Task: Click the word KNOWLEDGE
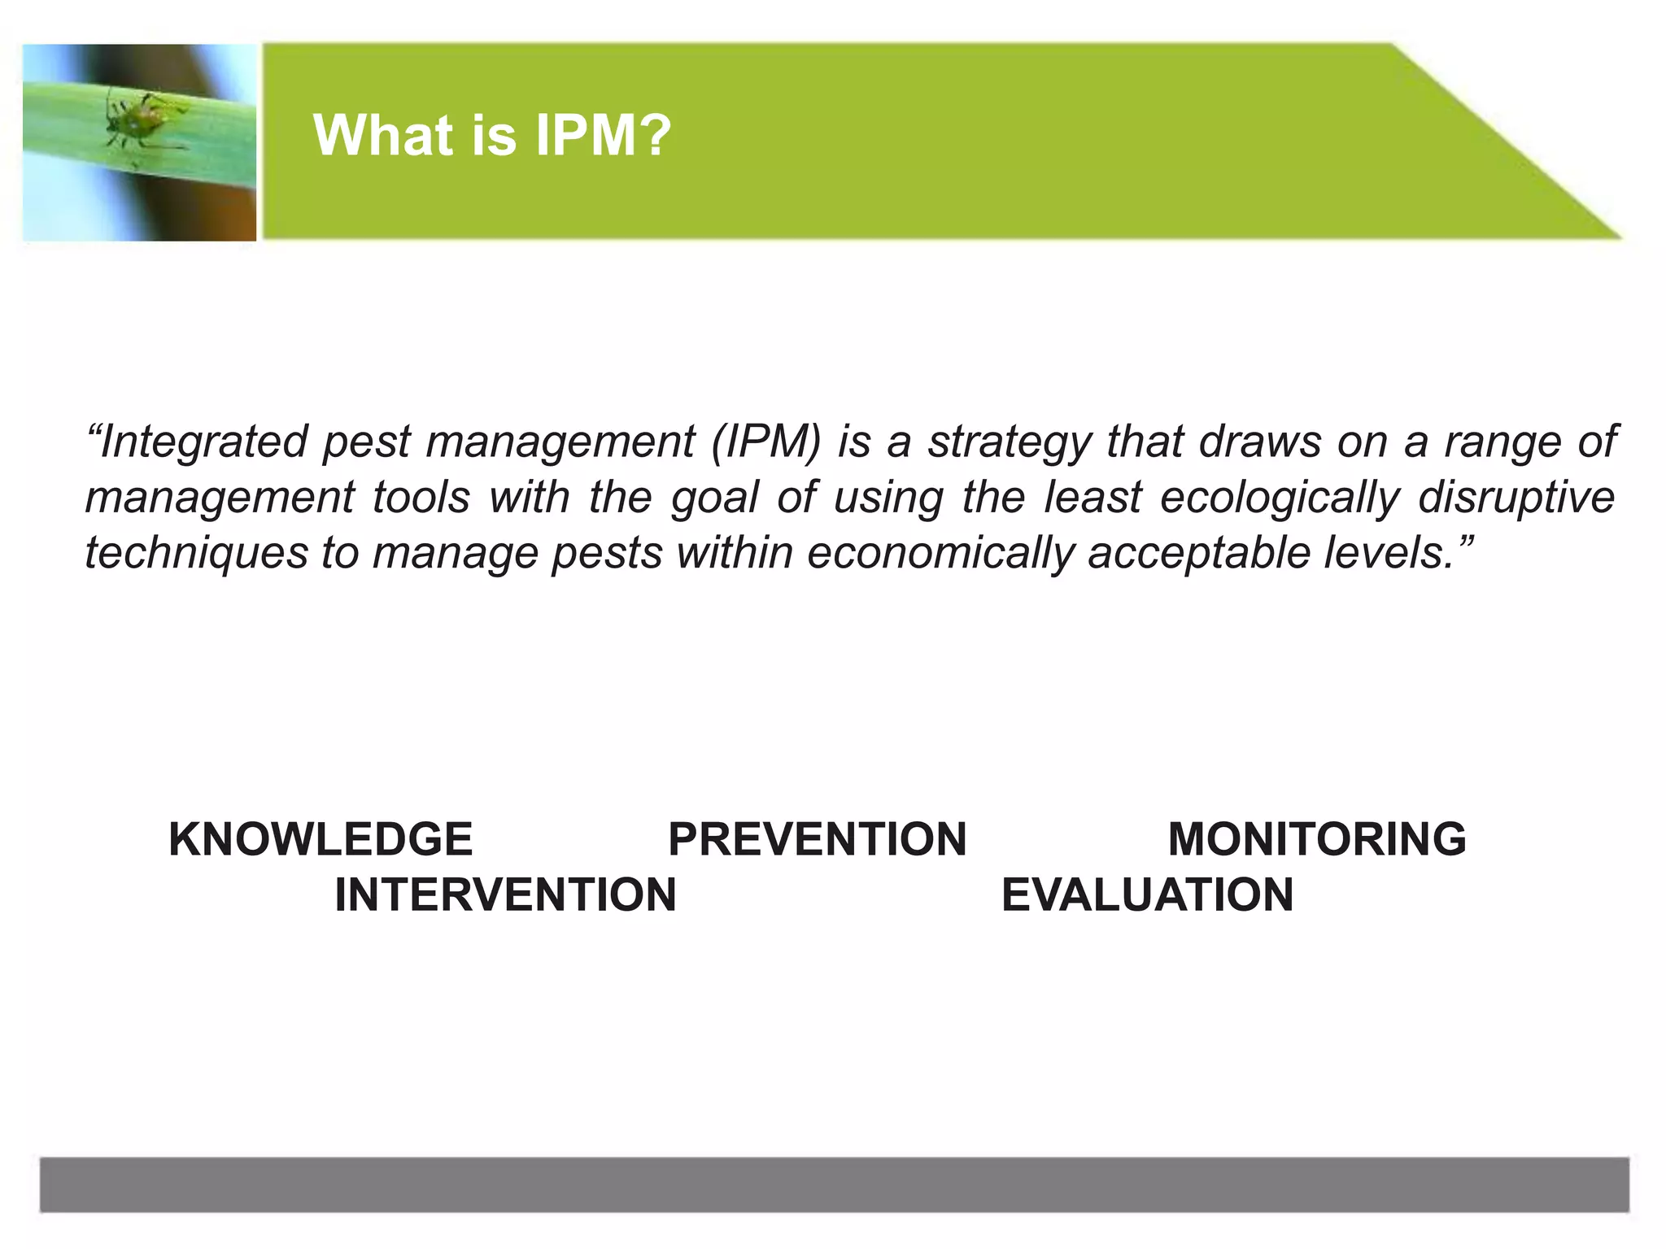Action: point(321,839)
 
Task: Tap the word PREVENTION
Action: point(817,839)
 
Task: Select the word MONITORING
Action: point(1317,839)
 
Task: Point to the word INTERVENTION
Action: point(505,894)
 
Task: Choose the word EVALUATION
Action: point(1147,894)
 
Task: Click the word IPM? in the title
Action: point(603,135)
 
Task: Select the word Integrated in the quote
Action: point(203,442)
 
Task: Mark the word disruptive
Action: point(1516,498)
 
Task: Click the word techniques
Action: point(196,553)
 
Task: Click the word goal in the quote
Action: point(714,498)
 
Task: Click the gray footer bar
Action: point(834,1185)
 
